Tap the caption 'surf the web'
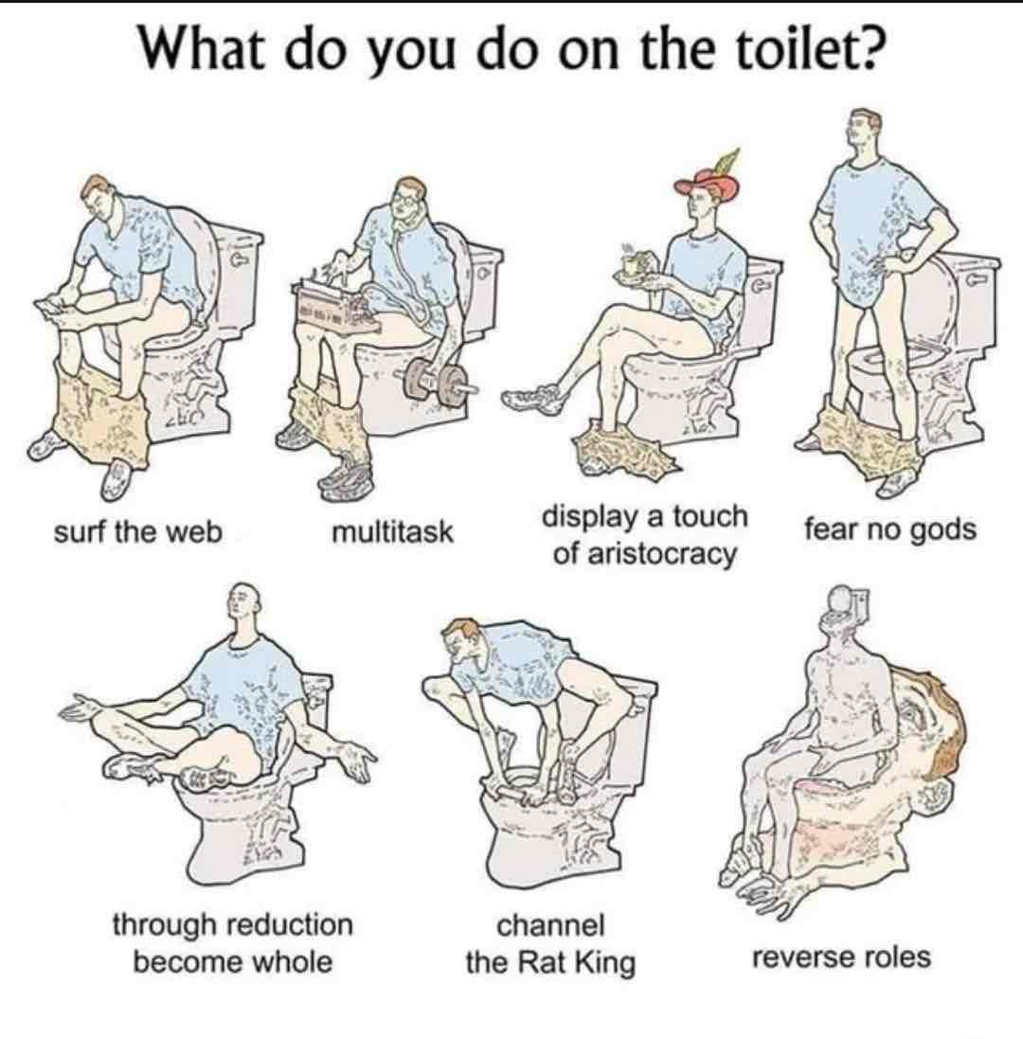(x=137, y=531)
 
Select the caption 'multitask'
(x=392, y=531)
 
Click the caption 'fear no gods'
(x=890, y=531)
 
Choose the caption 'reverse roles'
(x=841, y=958)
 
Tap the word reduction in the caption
(x=291, y=923)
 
